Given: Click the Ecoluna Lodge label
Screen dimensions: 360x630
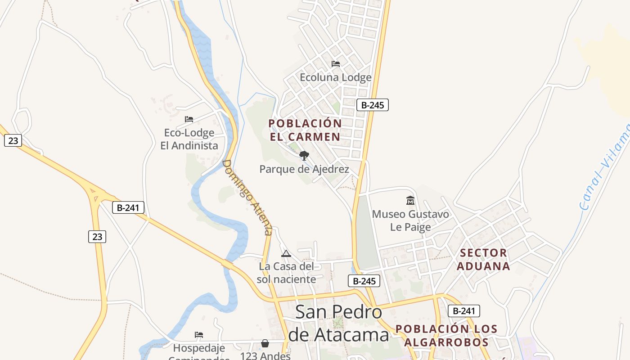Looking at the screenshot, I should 336,77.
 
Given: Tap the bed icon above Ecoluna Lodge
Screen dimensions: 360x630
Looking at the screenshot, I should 336,64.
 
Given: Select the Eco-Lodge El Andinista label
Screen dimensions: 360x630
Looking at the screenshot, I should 189,139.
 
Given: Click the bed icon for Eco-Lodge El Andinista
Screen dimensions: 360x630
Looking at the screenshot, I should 189,119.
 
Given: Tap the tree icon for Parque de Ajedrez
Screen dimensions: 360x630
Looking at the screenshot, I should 304,156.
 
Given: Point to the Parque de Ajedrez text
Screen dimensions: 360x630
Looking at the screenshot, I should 304,169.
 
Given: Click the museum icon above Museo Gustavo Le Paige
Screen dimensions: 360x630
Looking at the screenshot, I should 410,200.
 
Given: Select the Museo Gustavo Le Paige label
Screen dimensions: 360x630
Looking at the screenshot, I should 410,220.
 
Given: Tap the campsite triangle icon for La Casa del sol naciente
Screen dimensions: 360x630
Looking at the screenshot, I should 286,253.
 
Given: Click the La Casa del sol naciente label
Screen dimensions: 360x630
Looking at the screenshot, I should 286,273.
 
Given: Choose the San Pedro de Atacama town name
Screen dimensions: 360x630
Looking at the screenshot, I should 338,323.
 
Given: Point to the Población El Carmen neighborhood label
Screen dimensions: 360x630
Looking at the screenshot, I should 305,130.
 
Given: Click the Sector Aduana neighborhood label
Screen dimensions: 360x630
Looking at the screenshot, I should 484,259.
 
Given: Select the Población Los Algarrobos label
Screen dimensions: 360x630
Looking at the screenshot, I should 446,335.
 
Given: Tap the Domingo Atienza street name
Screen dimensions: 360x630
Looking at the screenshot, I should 248,197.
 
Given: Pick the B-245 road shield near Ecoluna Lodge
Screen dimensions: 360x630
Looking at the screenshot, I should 372,105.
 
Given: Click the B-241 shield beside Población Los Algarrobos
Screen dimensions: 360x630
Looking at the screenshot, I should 463,310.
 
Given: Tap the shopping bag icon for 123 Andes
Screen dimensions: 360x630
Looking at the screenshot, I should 265,344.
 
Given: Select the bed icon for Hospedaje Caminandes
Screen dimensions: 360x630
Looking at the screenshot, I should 199,335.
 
